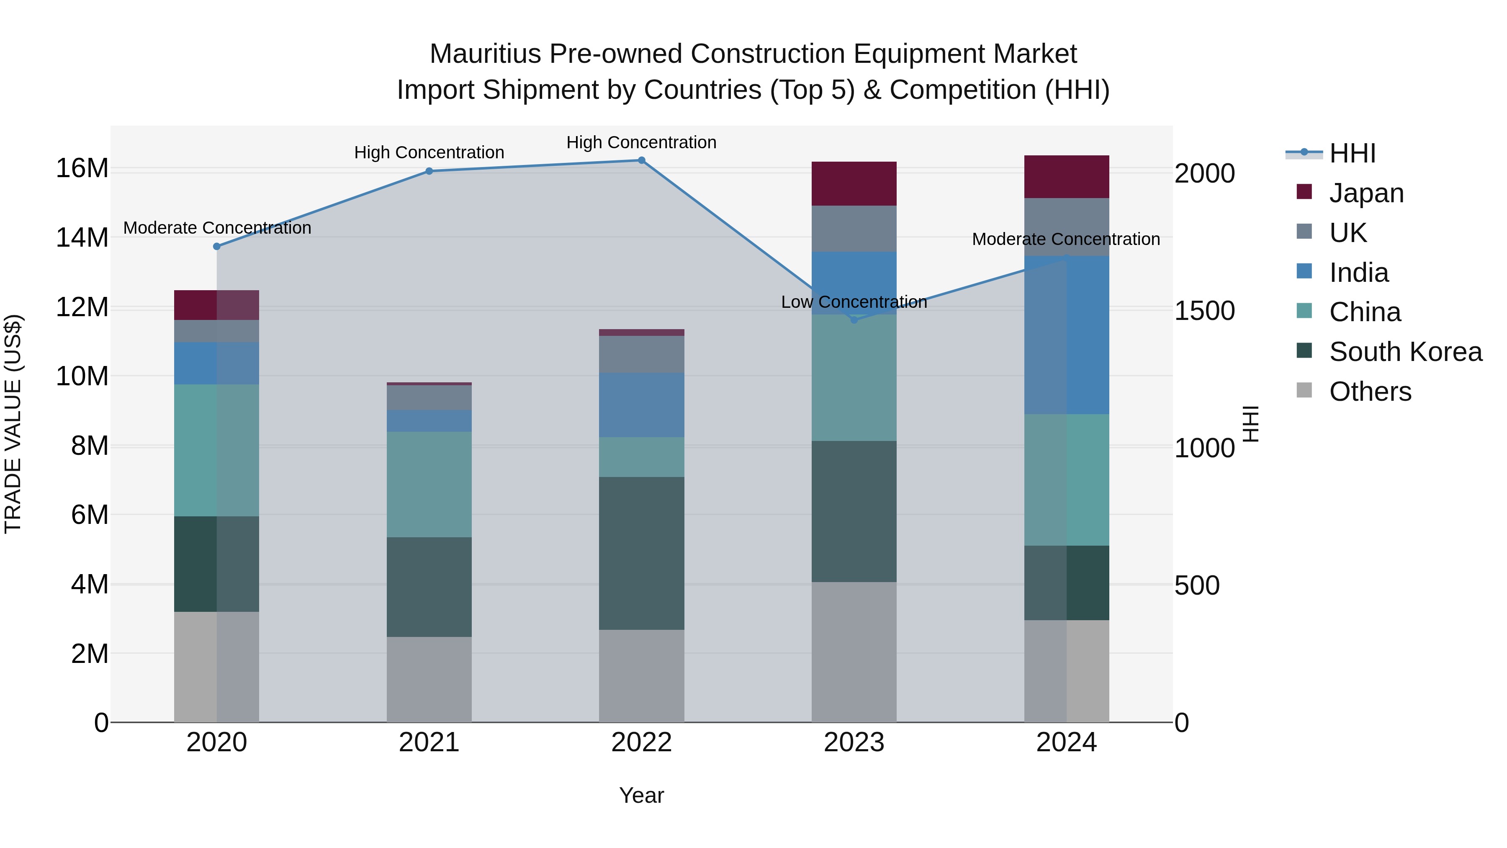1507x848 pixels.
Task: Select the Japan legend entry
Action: [1366, 193]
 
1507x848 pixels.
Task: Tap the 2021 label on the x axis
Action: [429, 742]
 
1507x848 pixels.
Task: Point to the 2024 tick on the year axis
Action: [1066, 742]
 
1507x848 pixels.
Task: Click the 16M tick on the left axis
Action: [82, 168]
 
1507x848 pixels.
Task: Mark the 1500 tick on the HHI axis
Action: [1204, 311]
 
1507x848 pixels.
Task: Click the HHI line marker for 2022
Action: [641, 160]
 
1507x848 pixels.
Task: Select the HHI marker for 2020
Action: [216, 246]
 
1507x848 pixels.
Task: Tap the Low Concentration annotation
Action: [854, 302]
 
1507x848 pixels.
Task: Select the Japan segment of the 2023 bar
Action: [854, 183]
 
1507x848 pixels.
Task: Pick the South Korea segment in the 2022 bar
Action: [641, 553]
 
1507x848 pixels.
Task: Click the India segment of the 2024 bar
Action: [1066, 335]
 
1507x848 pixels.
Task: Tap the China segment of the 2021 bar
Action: [429, 485]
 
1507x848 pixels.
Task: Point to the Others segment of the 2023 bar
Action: [854, 651]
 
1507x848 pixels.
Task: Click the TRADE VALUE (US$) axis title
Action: [13, 424]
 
